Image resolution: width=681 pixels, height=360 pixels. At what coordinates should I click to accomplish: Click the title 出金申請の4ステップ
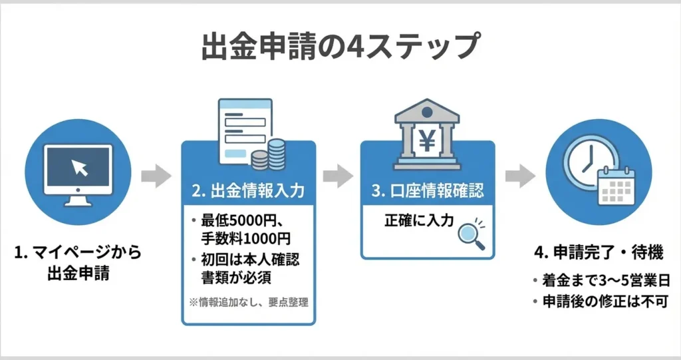[339, 47]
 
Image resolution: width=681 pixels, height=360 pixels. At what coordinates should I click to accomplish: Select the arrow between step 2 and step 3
[338, 176]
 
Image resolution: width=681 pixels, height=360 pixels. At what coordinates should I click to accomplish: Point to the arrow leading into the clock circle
[519, 176]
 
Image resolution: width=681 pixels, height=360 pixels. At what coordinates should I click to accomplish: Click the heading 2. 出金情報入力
[248, 192]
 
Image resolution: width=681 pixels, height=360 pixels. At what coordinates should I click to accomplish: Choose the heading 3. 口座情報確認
[428, 192]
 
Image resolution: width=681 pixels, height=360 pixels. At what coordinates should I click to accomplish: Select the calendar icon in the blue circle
[616, 185]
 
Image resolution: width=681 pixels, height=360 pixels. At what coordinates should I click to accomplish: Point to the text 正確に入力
[418, 221]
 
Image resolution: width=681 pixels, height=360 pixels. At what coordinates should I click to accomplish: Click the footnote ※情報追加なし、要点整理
[249, 302]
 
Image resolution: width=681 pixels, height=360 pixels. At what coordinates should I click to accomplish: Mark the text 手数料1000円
[246, 237]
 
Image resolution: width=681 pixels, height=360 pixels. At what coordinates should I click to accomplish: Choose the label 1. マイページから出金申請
[77, 262]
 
